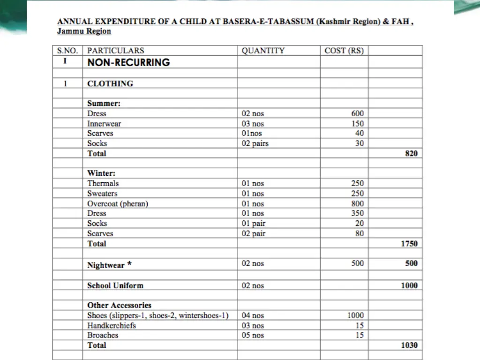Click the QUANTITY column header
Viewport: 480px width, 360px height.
[263, 51]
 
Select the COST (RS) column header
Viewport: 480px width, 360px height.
[344, 51]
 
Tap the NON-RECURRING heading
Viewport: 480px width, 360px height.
[128, 62]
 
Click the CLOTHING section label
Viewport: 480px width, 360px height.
[110, 83]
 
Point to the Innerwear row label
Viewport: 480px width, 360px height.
[104, 124]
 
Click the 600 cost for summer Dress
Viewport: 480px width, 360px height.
[357, 113]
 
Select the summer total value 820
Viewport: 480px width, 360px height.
[411, 153]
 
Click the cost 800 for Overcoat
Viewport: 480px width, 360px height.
[357, 203]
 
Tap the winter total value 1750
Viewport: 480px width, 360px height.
[409, 244]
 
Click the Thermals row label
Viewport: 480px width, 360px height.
[103, 183]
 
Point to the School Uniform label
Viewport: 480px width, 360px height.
[115, 285]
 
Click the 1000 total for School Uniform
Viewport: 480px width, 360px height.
[409, 285]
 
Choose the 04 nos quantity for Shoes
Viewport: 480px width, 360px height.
[253, 315]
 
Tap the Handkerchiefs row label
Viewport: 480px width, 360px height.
[112, 325]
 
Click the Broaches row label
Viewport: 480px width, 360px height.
[103, 335]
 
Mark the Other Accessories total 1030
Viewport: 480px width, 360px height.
[409, 345]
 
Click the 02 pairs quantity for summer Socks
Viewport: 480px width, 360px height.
[255, 143]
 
